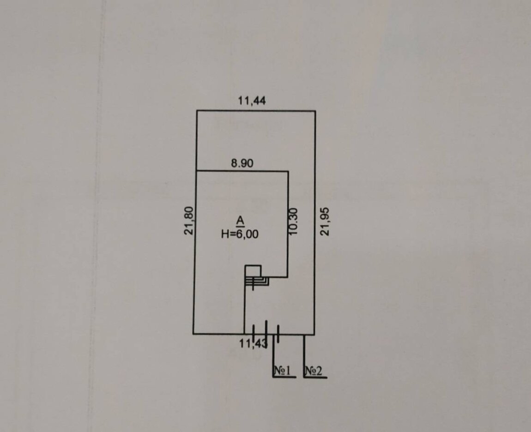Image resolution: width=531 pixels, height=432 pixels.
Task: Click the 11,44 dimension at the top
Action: point(252,100)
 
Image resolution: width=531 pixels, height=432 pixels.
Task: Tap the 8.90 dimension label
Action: point(242,163)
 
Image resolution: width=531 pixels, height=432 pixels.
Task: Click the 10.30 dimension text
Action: point(294,222)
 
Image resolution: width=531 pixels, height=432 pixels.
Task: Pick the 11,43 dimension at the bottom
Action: point(253,344)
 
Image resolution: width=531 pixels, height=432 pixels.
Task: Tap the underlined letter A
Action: point(240,221)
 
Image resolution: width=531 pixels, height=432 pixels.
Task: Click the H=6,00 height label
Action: point(240,234)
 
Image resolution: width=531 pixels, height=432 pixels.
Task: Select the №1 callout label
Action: point(283,371)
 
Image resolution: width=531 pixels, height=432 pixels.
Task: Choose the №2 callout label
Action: point(314,371)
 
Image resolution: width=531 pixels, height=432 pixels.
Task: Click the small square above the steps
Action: point(253,271)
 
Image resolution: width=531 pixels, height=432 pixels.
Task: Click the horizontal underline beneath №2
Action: point(315,377)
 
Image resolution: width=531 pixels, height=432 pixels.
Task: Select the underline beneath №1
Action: point(284,377)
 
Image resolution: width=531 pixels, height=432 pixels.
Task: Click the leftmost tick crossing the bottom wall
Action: point(253,332)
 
